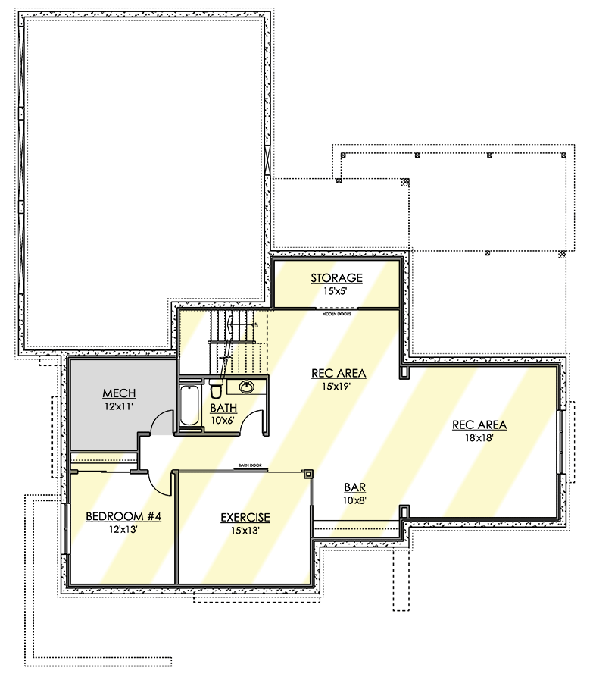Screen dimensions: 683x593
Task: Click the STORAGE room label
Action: [336, 278]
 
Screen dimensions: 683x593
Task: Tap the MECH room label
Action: [120, 393]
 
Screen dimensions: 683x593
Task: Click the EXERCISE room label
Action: [245, 518]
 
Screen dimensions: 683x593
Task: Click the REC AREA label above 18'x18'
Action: [479, 425]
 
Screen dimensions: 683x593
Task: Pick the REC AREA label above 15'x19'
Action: [339, 373]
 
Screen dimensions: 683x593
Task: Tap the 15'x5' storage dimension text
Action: [336, 290]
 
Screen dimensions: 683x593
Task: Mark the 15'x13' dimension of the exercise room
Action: [245, 530]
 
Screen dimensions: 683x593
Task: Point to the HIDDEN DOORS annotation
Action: [336, 312]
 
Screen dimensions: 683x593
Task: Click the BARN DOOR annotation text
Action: [245, 466]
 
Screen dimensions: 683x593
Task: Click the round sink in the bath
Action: [247, 387]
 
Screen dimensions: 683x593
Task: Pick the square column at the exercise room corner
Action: [308, 475]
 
